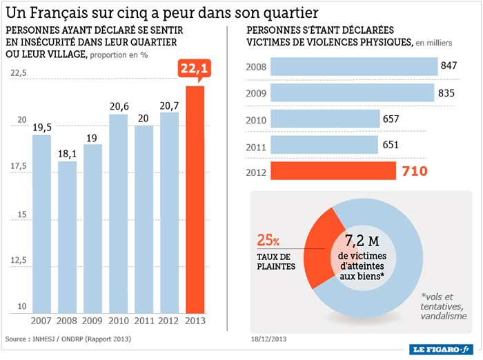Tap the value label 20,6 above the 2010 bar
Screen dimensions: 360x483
click(119, 107)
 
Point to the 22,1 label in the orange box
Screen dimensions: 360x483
click(195, 69)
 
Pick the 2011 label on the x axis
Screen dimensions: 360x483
click(144, 321)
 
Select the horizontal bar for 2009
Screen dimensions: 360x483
click(352, 93)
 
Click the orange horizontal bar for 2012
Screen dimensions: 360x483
click(333, 171)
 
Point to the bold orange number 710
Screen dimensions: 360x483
click(415, 171)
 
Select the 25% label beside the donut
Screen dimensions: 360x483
click(268, 241)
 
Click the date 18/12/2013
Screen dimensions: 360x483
click(268, 339)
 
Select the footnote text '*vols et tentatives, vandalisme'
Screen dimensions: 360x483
click(445, 306)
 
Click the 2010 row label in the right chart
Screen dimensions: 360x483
click(256, 119)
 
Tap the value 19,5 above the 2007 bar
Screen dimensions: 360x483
click(43, 127)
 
